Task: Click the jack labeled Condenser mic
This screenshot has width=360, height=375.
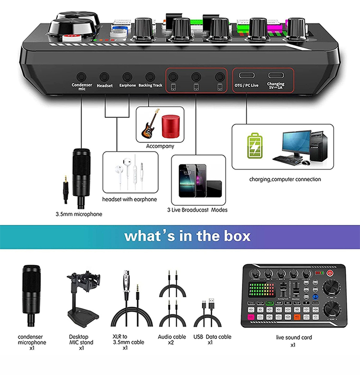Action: (82, 77)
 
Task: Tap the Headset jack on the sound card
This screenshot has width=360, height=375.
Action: (105, 77)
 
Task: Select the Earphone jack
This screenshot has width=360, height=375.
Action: (128, 77)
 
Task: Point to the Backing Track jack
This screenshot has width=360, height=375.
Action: (150, 77)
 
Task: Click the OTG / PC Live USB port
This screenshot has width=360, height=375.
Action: (246, 76)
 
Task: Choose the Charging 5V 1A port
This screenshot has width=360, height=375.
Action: (275, 76)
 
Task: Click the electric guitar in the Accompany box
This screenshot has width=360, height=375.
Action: (149, 124)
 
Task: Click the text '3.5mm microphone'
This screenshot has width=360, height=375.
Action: (79, 214)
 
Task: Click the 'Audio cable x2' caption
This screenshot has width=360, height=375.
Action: (172, 340)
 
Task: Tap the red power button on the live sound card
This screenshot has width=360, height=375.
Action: (330, 273)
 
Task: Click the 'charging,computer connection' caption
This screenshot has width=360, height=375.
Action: (285, 179)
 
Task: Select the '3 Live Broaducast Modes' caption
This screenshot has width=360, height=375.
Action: (197, 210)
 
